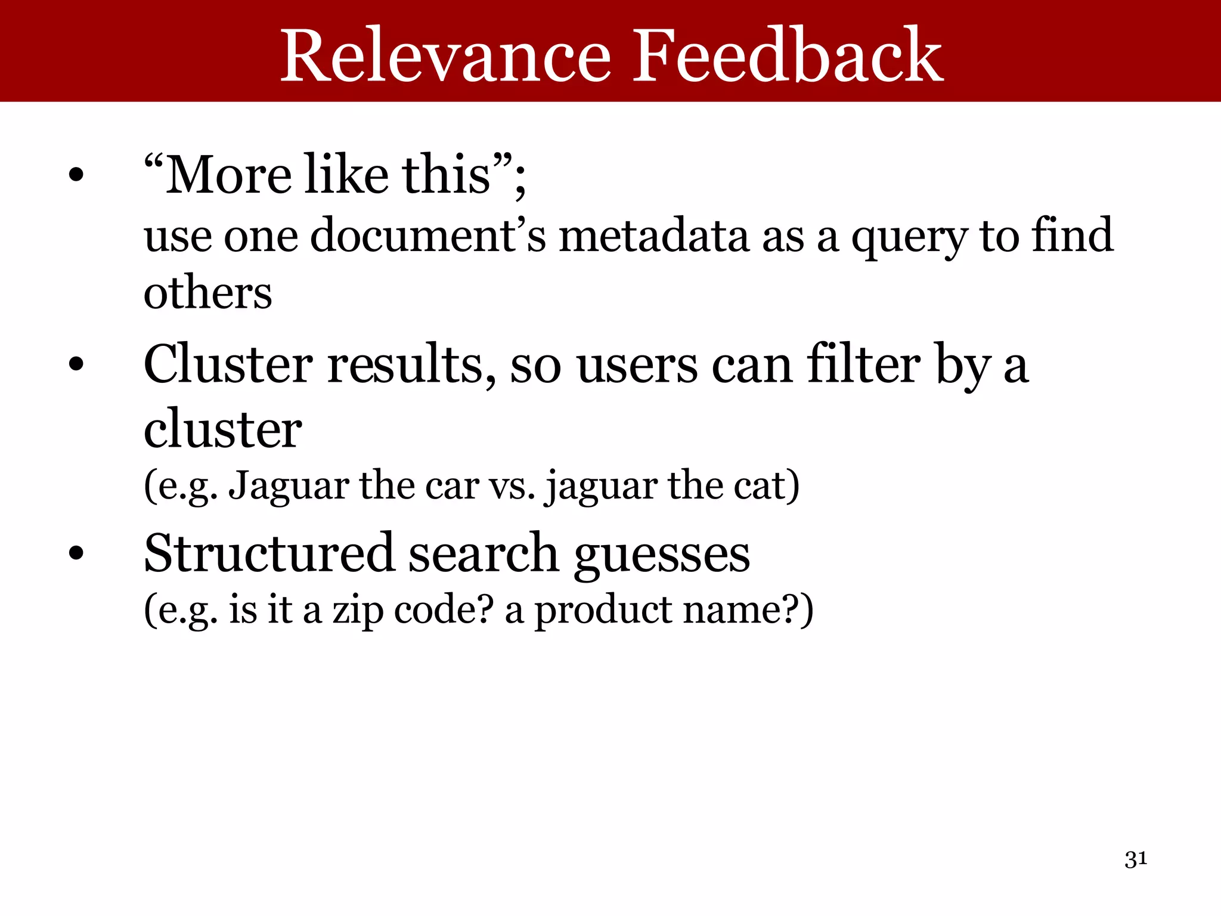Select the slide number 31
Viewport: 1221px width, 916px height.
point(1136,859)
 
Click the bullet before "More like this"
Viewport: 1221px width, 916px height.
point(76,175)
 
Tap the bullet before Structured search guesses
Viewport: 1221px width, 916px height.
point(76,553)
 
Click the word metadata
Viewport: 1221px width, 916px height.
point(653,236)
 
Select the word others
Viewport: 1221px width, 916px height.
point(208,293)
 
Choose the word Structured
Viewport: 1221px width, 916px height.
point(269,553)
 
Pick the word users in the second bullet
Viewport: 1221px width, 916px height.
point(637,365)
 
